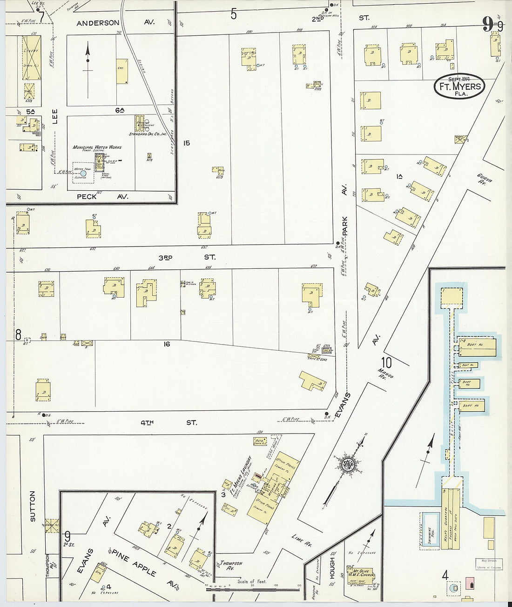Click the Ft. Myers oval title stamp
click(x=459, y=86)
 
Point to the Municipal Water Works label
click(x=97, y=147)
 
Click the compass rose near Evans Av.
click(x=347, y=464)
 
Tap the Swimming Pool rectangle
click(x=430, y=531)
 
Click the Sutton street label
click(x=33, y=506)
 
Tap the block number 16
click(x=166, y=344)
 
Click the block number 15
click(x=187, y=143)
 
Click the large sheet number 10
click(x=386, y=362)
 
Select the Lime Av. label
click(x=301, y=539)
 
